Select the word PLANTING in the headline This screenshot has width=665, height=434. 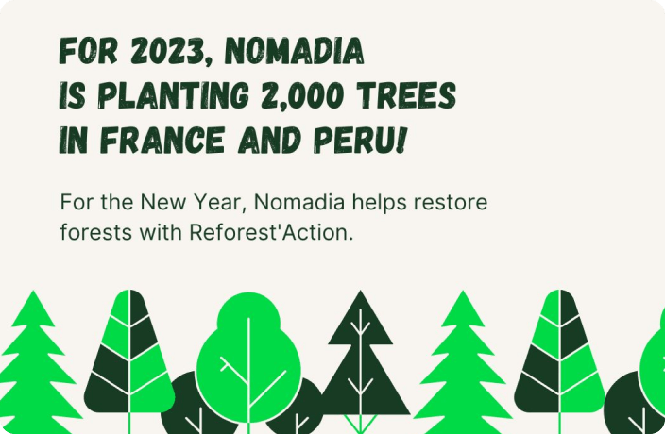[x=174, y=95]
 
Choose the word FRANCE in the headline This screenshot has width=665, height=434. [x=162, y=140]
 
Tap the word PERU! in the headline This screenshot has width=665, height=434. [x=360, y=140]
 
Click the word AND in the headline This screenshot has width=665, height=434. [x=270, y=140]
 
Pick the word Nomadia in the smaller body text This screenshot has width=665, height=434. [x=299, y=202]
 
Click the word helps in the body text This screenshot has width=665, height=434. [x=380, y=203]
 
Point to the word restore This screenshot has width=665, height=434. [x=451, y=203]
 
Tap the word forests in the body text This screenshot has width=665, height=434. [x=95, y=231]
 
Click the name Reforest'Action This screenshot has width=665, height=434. [x=271, y=231]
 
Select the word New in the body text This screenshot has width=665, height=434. [x=163, y=202]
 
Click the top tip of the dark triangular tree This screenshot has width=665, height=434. [x=361, y=291]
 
